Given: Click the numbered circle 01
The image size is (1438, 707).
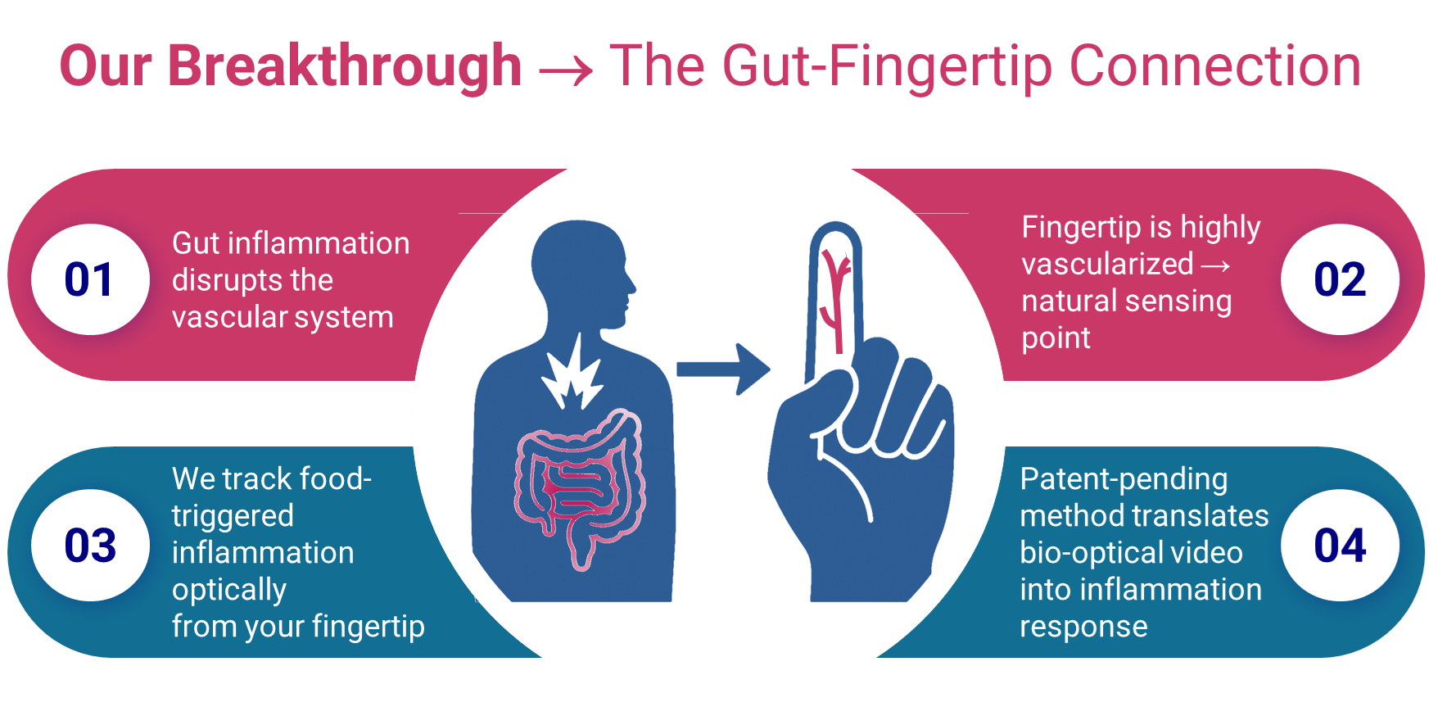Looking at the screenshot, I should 90,279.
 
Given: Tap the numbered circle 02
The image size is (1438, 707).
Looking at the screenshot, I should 1340,279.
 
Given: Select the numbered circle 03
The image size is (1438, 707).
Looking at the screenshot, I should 90,546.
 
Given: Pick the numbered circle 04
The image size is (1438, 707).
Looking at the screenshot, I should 1340,546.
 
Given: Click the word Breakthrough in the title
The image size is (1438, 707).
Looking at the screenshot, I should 345,66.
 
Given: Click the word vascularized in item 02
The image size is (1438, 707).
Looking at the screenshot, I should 1107,265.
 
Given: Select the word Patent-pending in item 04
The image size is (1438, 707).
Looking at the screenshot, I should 1124,479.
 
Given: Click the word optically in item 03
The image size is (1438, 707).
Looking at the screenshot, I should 229,590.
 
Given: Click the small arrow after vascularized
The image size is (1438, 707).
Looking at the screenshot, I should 1216,265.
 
